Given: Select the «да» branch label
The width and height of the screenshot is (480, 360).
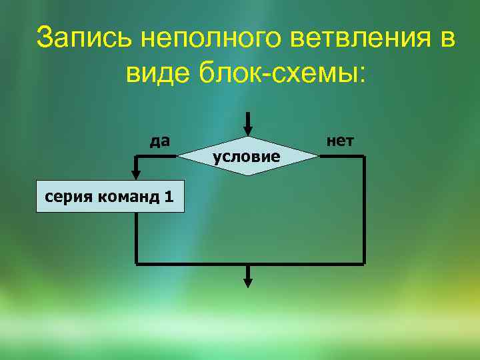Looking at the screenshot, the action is (160, 141).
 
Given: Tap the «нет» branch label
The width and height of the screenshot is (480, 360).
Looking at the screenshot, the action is (341, 141).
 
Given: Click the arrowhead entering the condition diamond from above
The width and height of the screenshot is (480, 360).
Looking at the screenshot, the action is (248, 130).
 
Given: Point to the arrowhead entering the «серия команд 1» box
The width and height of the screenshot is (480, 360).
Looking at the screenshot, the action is (136, 174).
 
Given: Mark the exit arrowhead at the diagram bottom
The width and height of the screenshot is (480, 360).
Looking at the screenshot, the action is (248, 281).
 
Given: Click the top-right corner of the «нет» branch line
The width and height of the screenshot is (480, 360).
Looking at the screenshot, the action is (364, 157).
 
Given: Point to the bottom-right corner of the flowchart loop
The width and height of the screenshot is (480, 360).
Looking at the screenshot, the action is (364, 263).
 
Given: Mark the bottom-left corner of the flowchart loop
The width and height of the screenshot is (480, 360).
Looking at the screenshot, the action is (136, 263).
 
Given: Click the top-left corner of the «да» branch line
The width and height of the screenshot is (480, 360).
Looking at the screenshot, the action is (136, 157).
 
